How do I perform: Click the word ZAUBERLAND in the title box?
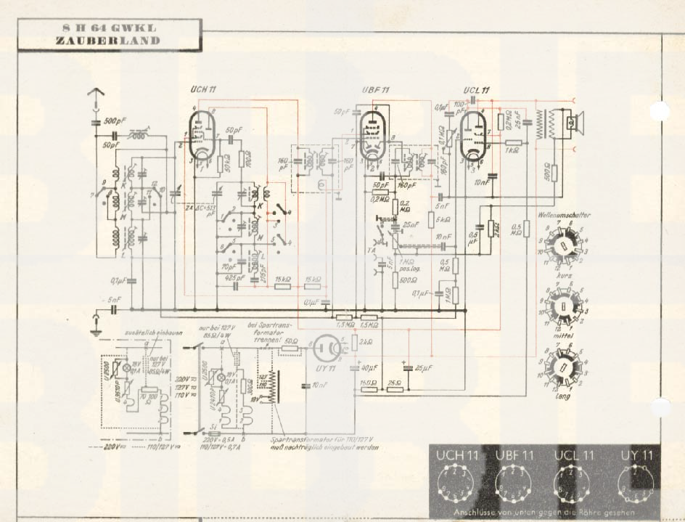coord(107,41)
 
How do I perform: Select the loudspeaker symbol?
coord(573,121)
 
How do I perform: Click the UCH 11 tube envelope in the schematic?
coord(202,134)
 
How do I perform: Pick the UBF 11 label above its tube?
coord(376,90)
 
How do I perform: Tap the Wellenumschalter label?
coord(564,215)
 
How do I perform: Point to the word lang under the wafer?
coord(563,396)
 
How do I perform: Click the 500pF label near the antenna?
coord(112,120)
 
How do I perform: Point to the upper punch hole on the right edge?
coord(659,111)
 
